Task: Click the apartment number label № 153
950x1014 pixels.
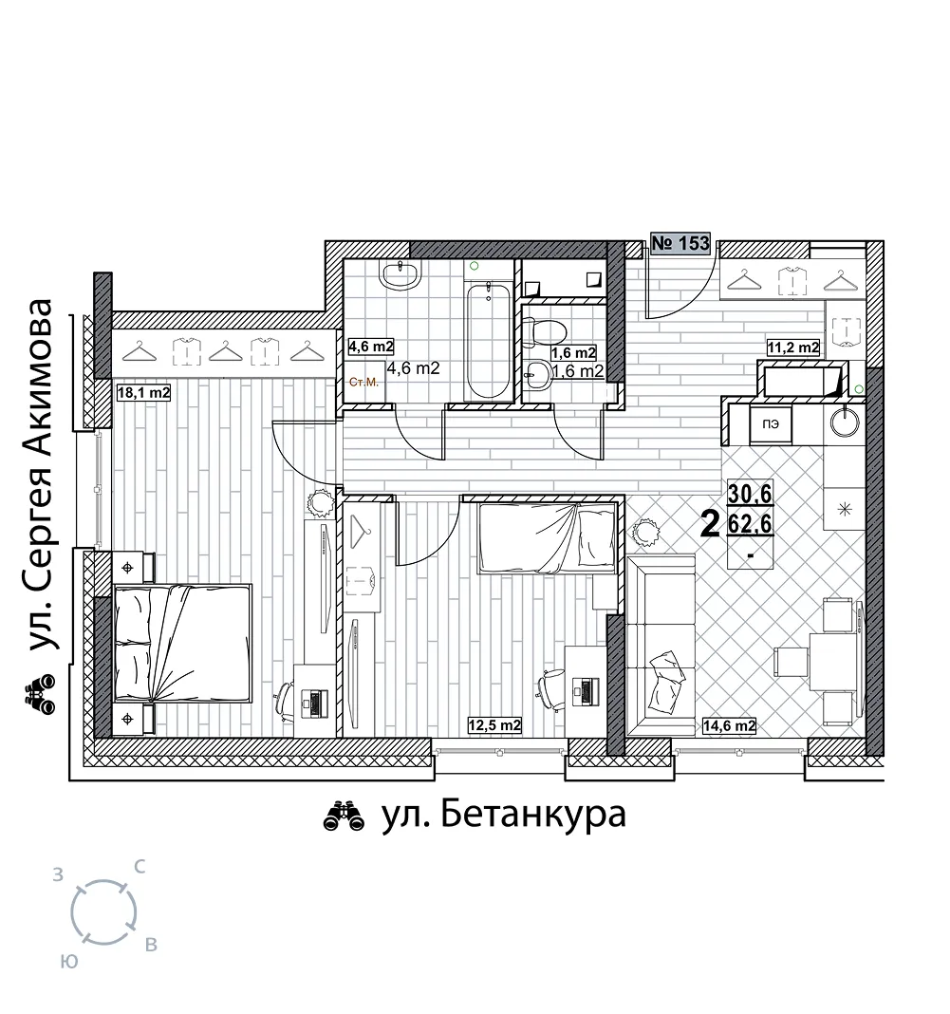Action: coord(680,244)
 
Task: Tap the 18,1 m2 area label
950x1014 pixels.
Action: coord(143,392)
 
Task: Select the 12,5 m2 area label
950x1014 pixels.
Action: coord(494,725)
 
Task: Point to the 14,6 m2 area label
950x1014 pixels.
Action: coord(729,725)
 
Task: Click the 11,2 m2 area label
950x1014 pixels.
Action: coord(793,347)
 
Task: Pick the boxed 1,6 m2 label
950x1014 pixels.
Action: coord(573,352)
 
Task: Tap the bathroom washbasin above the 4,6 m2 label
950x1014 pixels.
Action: coord(401,274)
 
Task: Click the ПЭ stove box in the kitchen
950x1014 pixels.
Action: coord(771,424)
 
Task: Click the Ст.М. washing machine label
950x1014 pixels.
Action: coord(363,383)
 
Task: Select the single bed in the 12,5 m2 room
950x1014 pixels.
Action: coord(547,538)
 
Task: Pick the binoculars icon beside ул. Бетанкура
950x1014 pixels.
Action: coord(345,816)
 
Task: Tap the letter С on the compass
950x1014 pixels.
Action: coord(139,867)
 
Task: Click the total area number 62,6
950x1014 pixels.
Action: coord(751,523)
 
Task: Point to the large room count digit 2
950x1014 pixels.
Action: coord(710,524)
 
